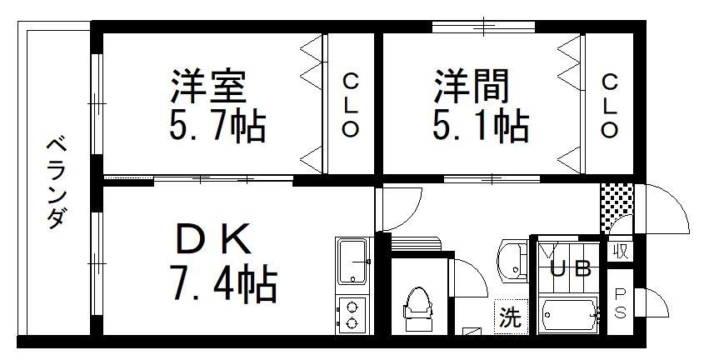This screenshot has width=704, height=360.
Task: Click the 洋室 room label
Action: (x=208, y=87)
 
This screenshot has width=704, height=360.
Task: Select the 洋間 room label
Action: (x=472, y=87)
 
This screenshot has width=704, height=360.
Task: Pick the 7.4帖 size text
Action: (x=222, y=283)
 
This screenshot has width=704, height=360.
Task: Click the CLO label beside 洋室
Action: (x=350, y=106)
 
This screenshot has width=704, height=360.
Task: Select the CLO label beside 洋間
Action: (x=609, y=106)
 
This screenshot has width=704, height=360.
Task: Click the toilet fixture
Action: (x=418, y=309)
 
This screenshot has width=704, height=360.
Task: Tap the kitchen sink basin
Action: (x=353, y=262)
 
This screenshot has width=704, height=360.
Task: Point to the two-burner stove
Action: (x=352, y=315)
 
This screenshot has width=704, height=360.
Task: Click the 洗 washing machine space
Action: (x=511, y=317)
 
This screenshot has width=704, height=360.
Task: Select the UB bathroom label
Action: (x=570, y=270)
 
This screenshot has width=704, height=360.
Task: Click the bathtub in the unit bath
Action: (x=569, y=315)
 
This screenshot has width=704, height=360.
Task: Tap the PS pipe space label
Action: (x=620, y=303)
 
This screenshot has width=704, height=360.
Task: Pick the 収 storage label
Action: (x=622, y=252)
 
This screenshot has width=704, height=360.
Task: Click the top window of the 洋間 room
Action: (x=484, y=27)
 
